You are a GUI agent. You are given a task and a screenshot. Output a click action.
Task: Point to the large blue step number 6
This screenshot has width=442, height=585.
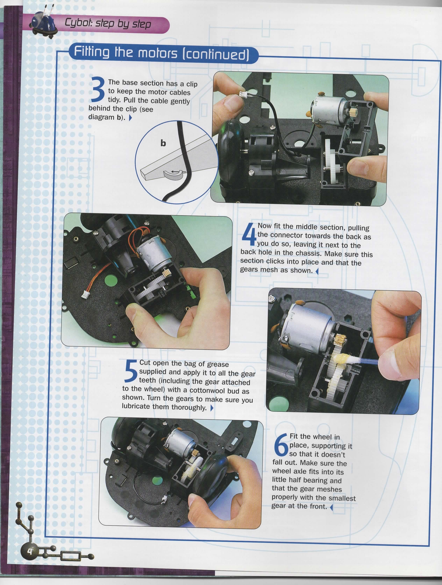[280, 444]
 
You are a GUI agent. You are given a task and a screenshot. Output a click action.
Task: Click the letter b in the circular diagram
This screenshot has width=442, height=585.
[163, 143]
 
